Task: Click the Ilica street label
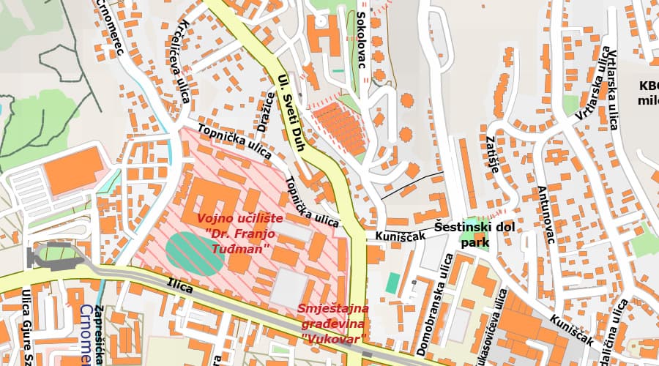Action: point(179,285)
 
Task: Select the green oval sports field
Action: point(193,252)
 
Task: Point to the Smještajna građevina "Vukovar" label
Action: point(332,323)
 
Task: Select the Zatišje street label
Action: point(492,154)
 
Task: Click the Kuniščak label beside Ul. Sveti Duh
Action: point(400,236)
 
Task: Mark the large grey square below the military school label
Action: point(293,286)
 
